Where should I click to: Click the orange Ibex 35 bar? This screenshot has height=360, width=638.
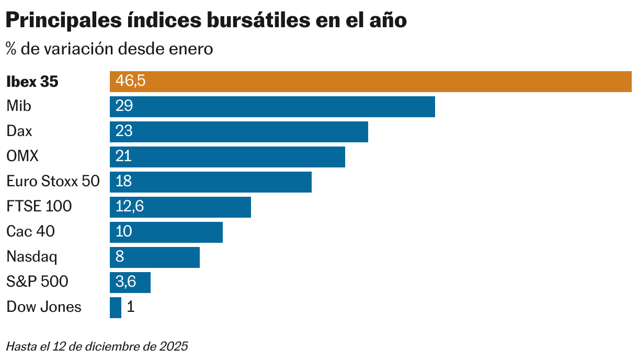click(370, 82)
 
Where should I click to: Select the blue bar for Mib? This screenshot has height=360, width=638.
click(272, 107)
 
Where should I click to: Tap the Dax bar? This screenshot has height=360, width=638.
click(238, 132)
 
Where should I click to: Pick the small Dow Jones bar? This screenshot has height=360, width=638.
click(115, 308)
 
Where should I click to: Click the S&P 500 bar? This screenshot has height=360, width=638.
click(130, 283)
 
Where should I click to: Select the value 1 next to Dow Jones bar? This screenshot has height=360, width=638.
click(131, 307)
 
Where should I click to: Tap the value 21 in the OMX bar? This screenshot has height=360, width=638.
click(124, 157)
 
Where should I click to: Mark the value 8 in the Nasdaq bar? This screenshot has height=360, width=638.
click(120, 257)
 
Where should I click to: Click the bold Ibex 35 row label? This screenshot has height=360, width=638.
click(32, 82)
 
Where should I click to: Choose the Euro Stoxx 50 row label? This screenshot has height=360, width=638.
click(53, 182)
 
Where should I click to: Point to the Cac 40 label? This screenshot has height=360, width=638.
click(30, 231)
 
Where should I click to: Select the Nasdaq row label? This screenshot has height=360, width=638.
click(32, 257)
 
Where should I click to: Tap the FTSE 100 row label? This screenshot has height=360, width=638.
click(39, 207)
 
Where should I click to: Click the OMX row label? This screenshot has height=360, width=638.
click(22, 156)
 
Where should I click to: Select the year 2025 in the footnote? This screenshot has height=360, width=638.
click(174, 346)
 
